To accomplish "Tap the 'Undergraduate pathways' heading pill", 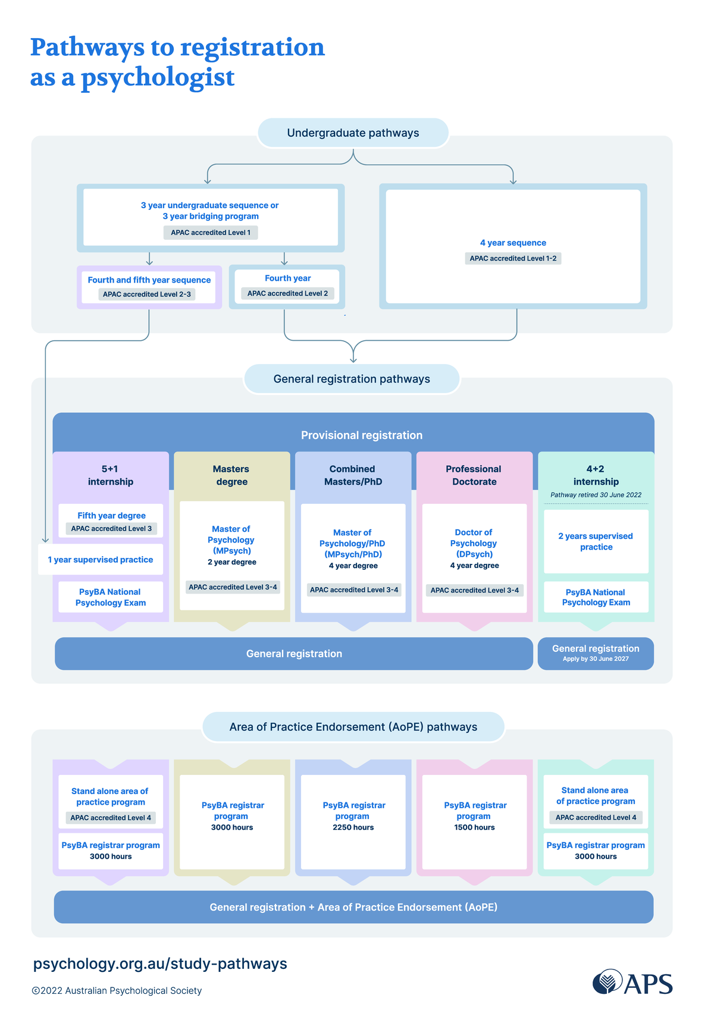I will coord(353,133).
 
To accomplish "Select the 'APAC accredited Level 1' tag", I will coord(211,233).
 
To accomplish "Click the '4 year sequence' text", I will coord(513,243).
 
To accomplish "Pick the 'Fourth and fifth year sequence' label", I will coord(149,280).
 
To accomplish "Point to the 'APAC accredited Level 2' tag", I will coord(287,293).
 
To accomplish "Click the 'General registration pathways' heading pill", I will coord(352,379).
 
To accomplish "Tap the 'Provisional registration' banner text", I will coord(362,435).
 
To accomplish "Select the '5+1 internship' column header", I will coord(111,475).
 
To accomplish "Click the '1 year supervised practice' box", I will coord(101,560).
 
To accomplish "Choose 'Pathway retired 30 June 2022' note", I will coord(596,495).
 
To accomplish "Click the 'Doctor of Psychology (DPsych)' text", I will coord(474,543).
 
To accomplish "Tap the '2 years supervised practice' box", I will coord(596,541).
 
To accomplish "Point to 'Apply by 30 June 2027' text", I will coord(596,659).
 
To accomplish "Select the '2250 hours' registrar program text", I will coord(353,827).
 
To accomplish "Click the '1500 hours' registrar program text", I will coord(474,827).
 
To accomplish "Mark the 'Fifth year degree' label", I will coord(111,516).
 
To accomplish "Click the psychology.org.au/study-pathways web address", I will coord(160,964).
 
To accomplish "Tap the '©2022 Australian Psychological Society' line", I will coord(117,990).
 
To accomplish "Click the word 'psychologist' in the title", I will coord(158,78).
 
